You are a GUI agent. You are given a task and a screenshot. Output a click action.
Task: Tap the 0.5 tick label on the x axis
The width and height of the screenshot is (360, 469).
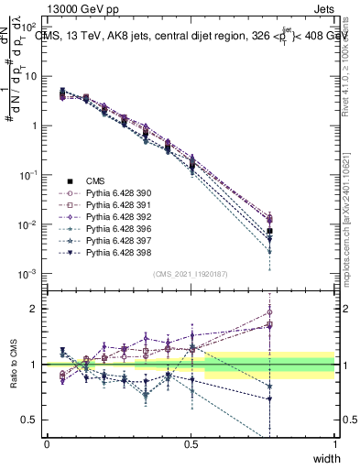191,443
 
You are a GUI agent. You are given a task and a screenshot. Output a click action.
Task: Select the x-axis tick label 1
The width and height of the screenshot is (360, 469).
335,443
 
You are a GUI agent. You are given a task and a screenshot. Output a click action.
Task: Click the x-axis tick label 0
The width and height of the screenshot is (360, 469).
47,443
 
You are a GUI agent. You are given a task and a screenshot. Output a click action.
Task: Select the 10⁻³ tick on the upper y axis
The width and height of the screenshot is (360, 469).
31,274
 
